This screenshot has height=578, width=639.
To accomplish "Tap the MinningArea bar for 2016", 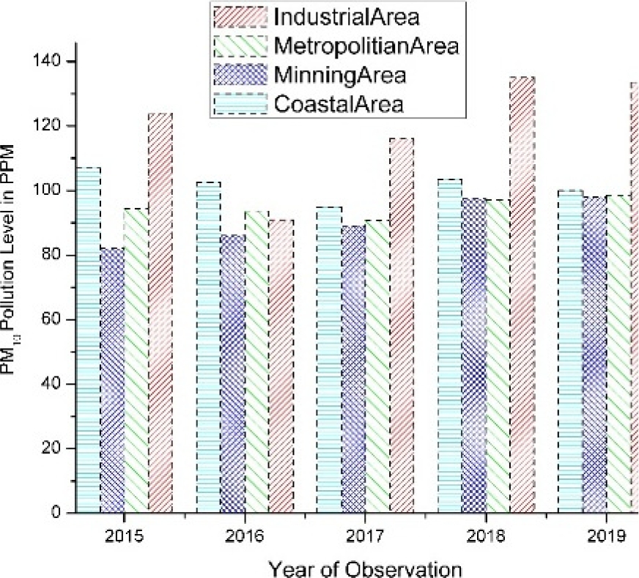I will click(232, 374).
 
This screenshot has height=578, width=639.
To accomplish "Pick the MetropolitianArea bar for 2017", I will click(377, 366).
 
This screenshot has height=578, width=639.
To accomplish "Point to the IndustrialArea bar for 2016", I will click(281, 366).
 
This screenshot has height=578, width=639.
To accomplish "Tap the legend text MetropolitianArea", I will click(366, 46).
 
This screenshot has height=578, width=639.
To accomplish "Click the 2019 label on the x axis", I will click(607, 535).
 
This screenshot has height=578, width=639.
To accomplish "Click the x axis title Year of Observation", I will click(364, 566).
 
